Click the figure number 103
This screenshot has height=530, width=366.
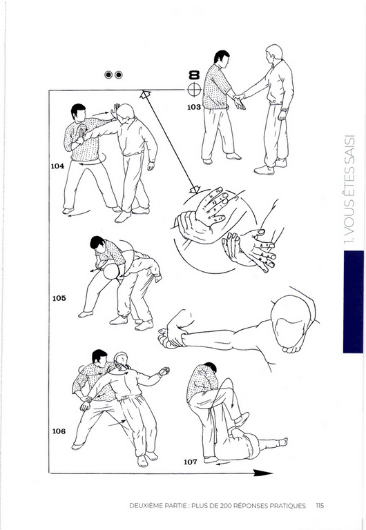[x=194, y=107]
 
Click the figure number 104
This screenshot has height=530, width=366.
[x=57, y=166]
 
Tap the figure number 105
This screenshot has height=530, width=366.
[x=59, y=298]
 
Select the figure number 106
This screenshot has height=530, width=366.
[x=59, y=431]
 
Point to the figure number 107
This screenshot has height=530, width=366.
[x=190, y=462]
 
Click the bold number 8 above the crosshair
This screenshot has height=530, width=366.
[x=194, y=75]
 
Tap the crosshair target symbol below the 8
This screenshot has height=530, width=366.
[x=194, y=90]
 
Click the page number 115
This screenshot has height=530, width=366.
[x=320, y=506]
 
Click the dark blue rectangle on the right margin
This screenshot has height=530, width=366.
[x=354, y=302]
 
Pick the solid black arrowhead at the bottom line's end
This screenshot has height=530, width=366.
[x=263, y=473]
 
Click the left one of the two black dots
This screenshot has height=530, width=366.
[x=108, y=75]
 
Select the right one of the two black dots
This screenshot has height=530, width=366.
[x=118, y=75]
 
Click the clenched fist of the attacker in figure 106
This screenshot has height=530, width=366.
[x=164, y=371]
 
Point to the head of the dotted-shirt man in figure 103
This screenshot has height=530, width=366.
[x=222, y=58]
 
